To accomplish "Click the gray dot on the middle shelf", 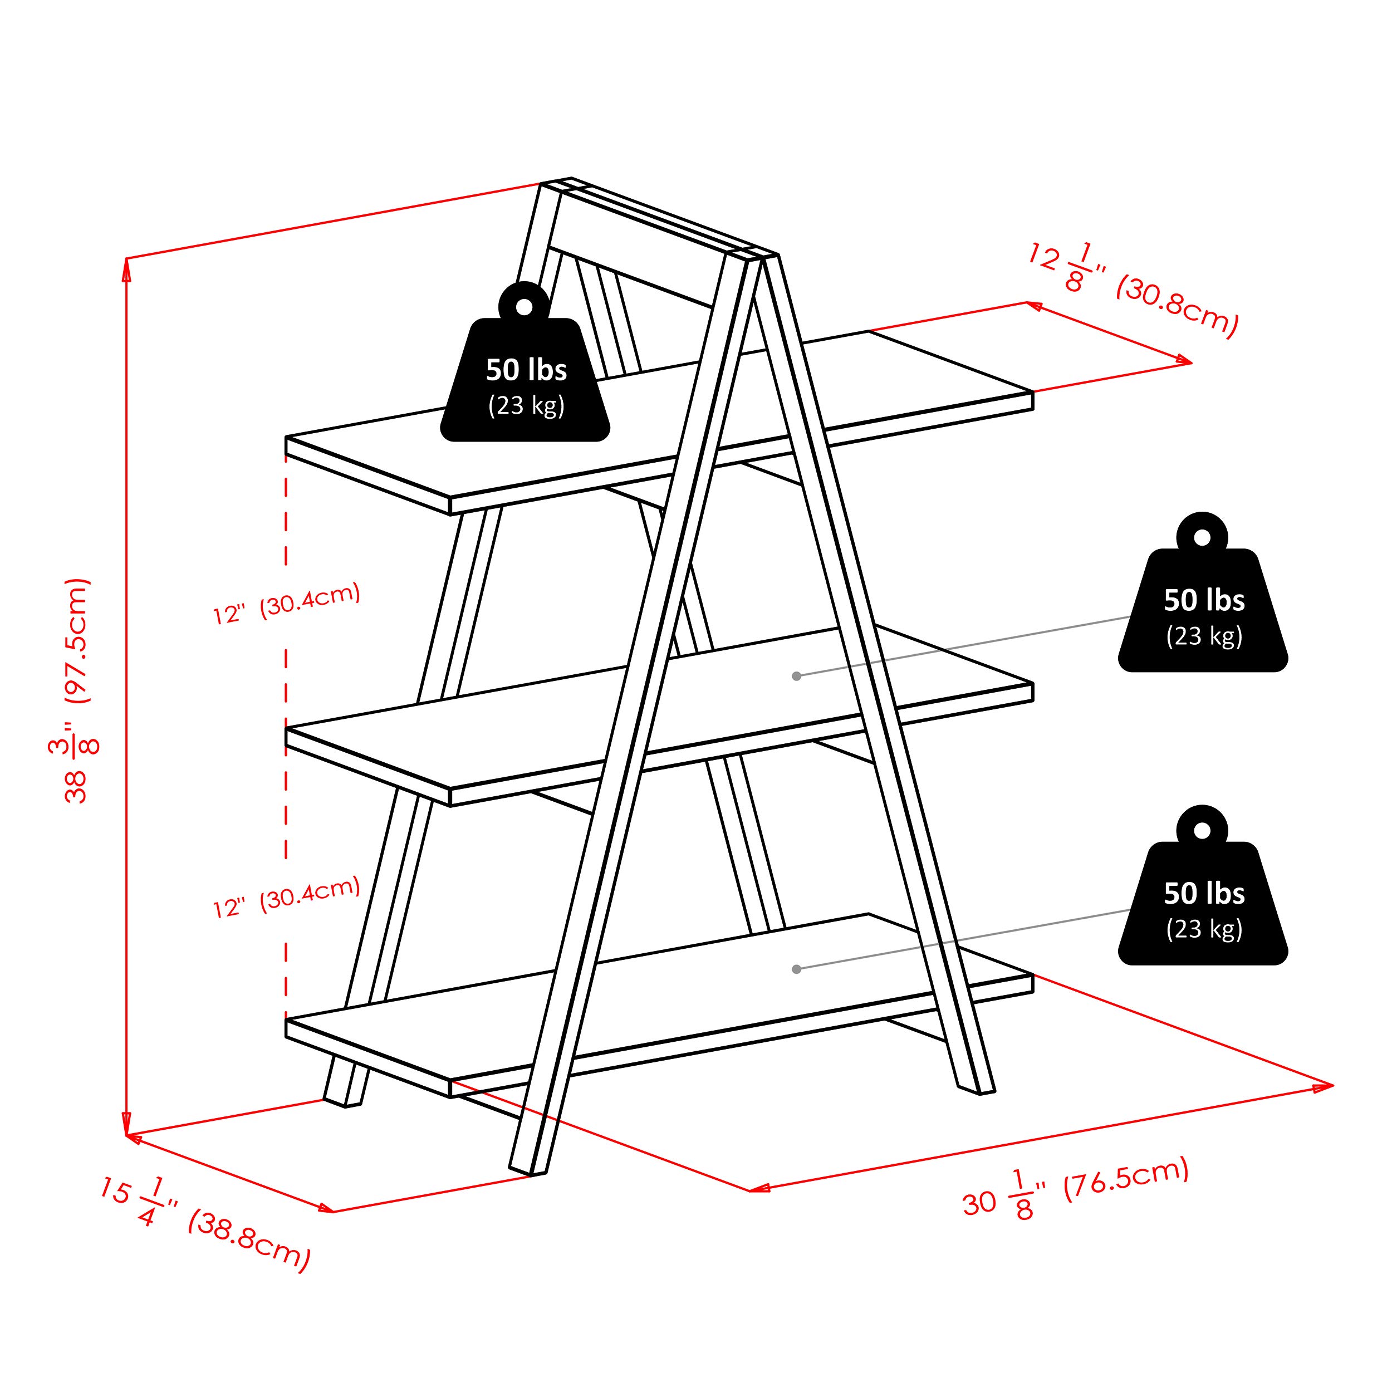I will click(x=796, y=676).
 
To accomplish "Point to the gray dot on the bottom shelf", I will click(x=796, y=969).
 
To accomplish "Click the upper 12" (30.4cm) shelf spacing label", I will click(x=286, y=604).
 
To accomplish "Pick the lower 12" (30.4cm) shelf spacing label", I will click(x=286, y=897).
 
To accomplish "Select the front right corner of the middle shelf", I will click(x=1032, y=684).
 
